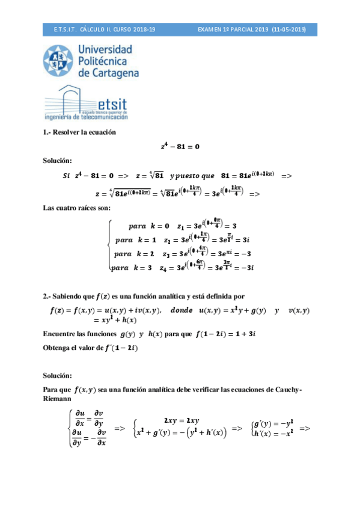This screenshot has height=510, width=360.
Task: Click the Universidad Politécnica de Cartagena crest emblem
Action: pos(59,61)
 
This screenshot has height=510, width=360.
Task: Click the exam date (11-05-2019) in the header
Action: pos(288,28)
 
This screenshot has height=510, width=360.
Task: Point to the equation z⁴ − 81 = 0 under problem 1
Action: pos(180,146)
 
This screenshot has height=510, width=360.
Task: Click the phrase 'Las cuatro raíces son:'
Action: pos(76,208)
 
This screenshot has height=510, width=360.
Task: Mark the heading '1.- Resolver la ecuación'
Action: pos(79,132)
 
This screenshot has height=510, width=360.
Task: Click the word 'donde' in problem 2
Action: pos(181,310)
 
